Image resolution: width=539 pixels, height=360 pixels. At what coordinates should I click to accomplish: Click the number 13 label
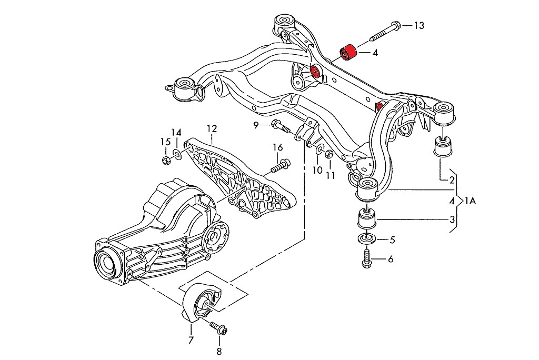[x=418, y=25]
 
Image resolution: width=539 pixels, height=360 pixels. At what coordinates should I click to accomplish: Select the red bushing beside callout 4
[x=348, y=53]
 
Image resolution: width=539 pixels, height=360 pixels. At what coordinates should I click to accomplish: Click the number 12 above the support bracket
[x=212, y=128]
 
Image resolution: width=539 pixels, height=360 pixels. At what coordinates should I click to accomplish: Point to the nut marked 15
[x=164, y=159]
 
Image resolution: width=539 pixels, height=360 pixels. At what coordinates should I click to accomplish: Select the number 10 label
[x=316, y=170]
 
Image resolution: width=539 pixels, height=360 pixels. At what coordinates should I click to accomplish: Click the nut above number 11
[x=328, y=154]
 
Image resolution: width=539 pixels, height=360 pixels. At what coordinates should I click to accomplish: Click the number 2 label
[x=452, y=180]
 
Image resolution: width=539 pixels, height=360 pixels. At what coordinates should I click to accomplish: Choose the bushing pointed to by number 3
[x=365, y=217]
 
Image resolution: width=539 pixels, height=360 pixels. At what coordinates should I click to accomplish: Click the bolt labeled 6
[x=367, y=258]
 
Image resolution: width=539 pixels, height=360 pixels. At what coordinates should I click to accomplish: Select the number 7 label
[x=191, y=340]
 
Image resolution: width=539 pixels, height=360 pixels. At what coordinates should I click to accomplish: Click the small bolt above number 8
[x=217, y=328]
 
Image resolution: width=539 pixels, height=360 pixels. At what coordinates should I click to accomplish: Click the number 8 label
[x=219, y=352]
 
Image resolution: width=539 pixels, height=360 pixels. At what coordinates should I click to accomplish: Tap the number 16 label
[x=278, y=147]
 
